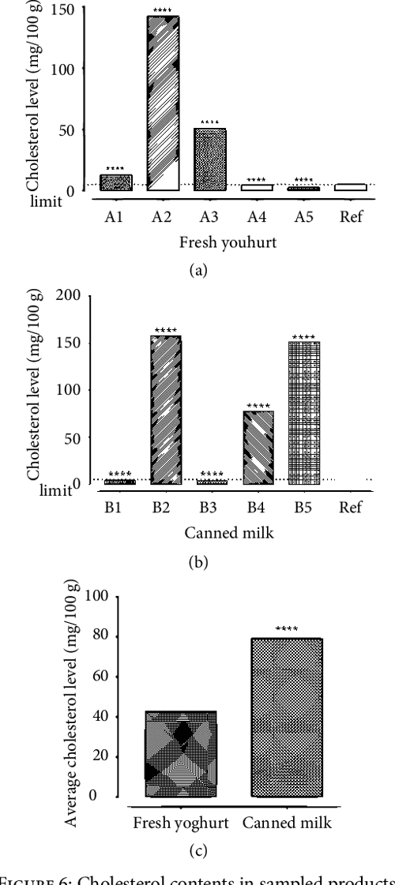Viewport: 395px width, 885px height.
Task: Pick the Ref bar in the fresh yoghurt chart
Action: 350,187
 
